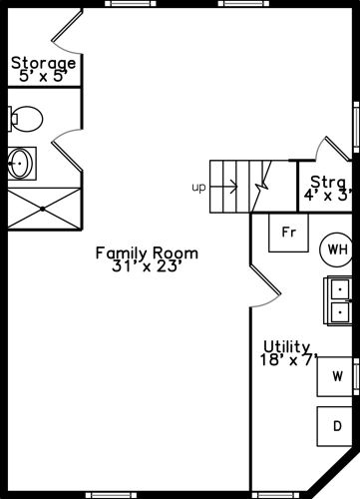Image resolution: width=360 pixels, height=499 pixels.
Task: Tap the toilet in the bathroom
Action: tap(26, 119)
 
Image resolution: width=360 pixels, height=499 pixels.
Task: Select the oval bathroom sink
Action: tap(20, 164)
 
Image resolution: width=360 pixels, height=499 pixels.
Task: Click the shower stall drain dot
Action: tap(43, 209)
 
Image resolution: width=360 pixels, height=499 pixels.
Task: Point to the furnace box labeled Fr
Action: tap(288, 233)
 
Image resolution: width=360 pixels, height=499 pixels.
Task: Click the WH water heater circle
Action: tap(336, 249)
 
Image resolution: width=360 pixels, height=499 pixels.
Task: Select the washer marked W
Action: tap(334, 376)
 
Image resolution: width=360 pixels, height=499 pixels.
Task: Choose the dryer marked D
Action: tap(334, 426)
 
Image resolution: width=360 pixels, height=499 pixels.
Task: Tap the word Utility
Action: tap(286, 347)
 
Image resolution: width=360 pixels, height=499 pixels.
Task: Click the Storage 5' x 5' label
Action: tap(43, 69)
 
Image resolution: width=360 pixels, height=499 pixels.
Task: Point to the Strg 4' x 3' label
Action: tap(328, 189)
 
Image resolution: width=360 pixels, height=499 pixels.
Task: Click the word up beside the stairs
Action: tap(198, 188)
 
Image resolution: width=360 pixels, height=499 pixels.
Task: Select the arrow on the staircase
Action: tap(223, 187)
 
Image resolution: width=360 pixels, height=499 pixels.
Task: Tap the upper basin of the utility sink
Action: tap(339, 289)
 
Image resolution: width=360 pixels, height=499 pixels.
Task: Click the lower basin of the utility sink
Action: tap(339, 312)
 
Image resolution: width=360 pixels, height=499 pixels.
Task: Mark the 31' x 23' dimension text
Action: tap(148, 266)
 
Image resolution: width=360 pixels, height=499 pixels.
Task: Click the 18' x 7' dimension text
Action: tap(288, 360)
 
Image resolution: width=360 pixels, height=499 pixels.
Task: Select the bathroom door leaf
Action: tap(67, 157)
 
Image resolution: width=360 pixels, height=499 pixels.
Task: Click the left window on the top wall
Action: tap(131, 3)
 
